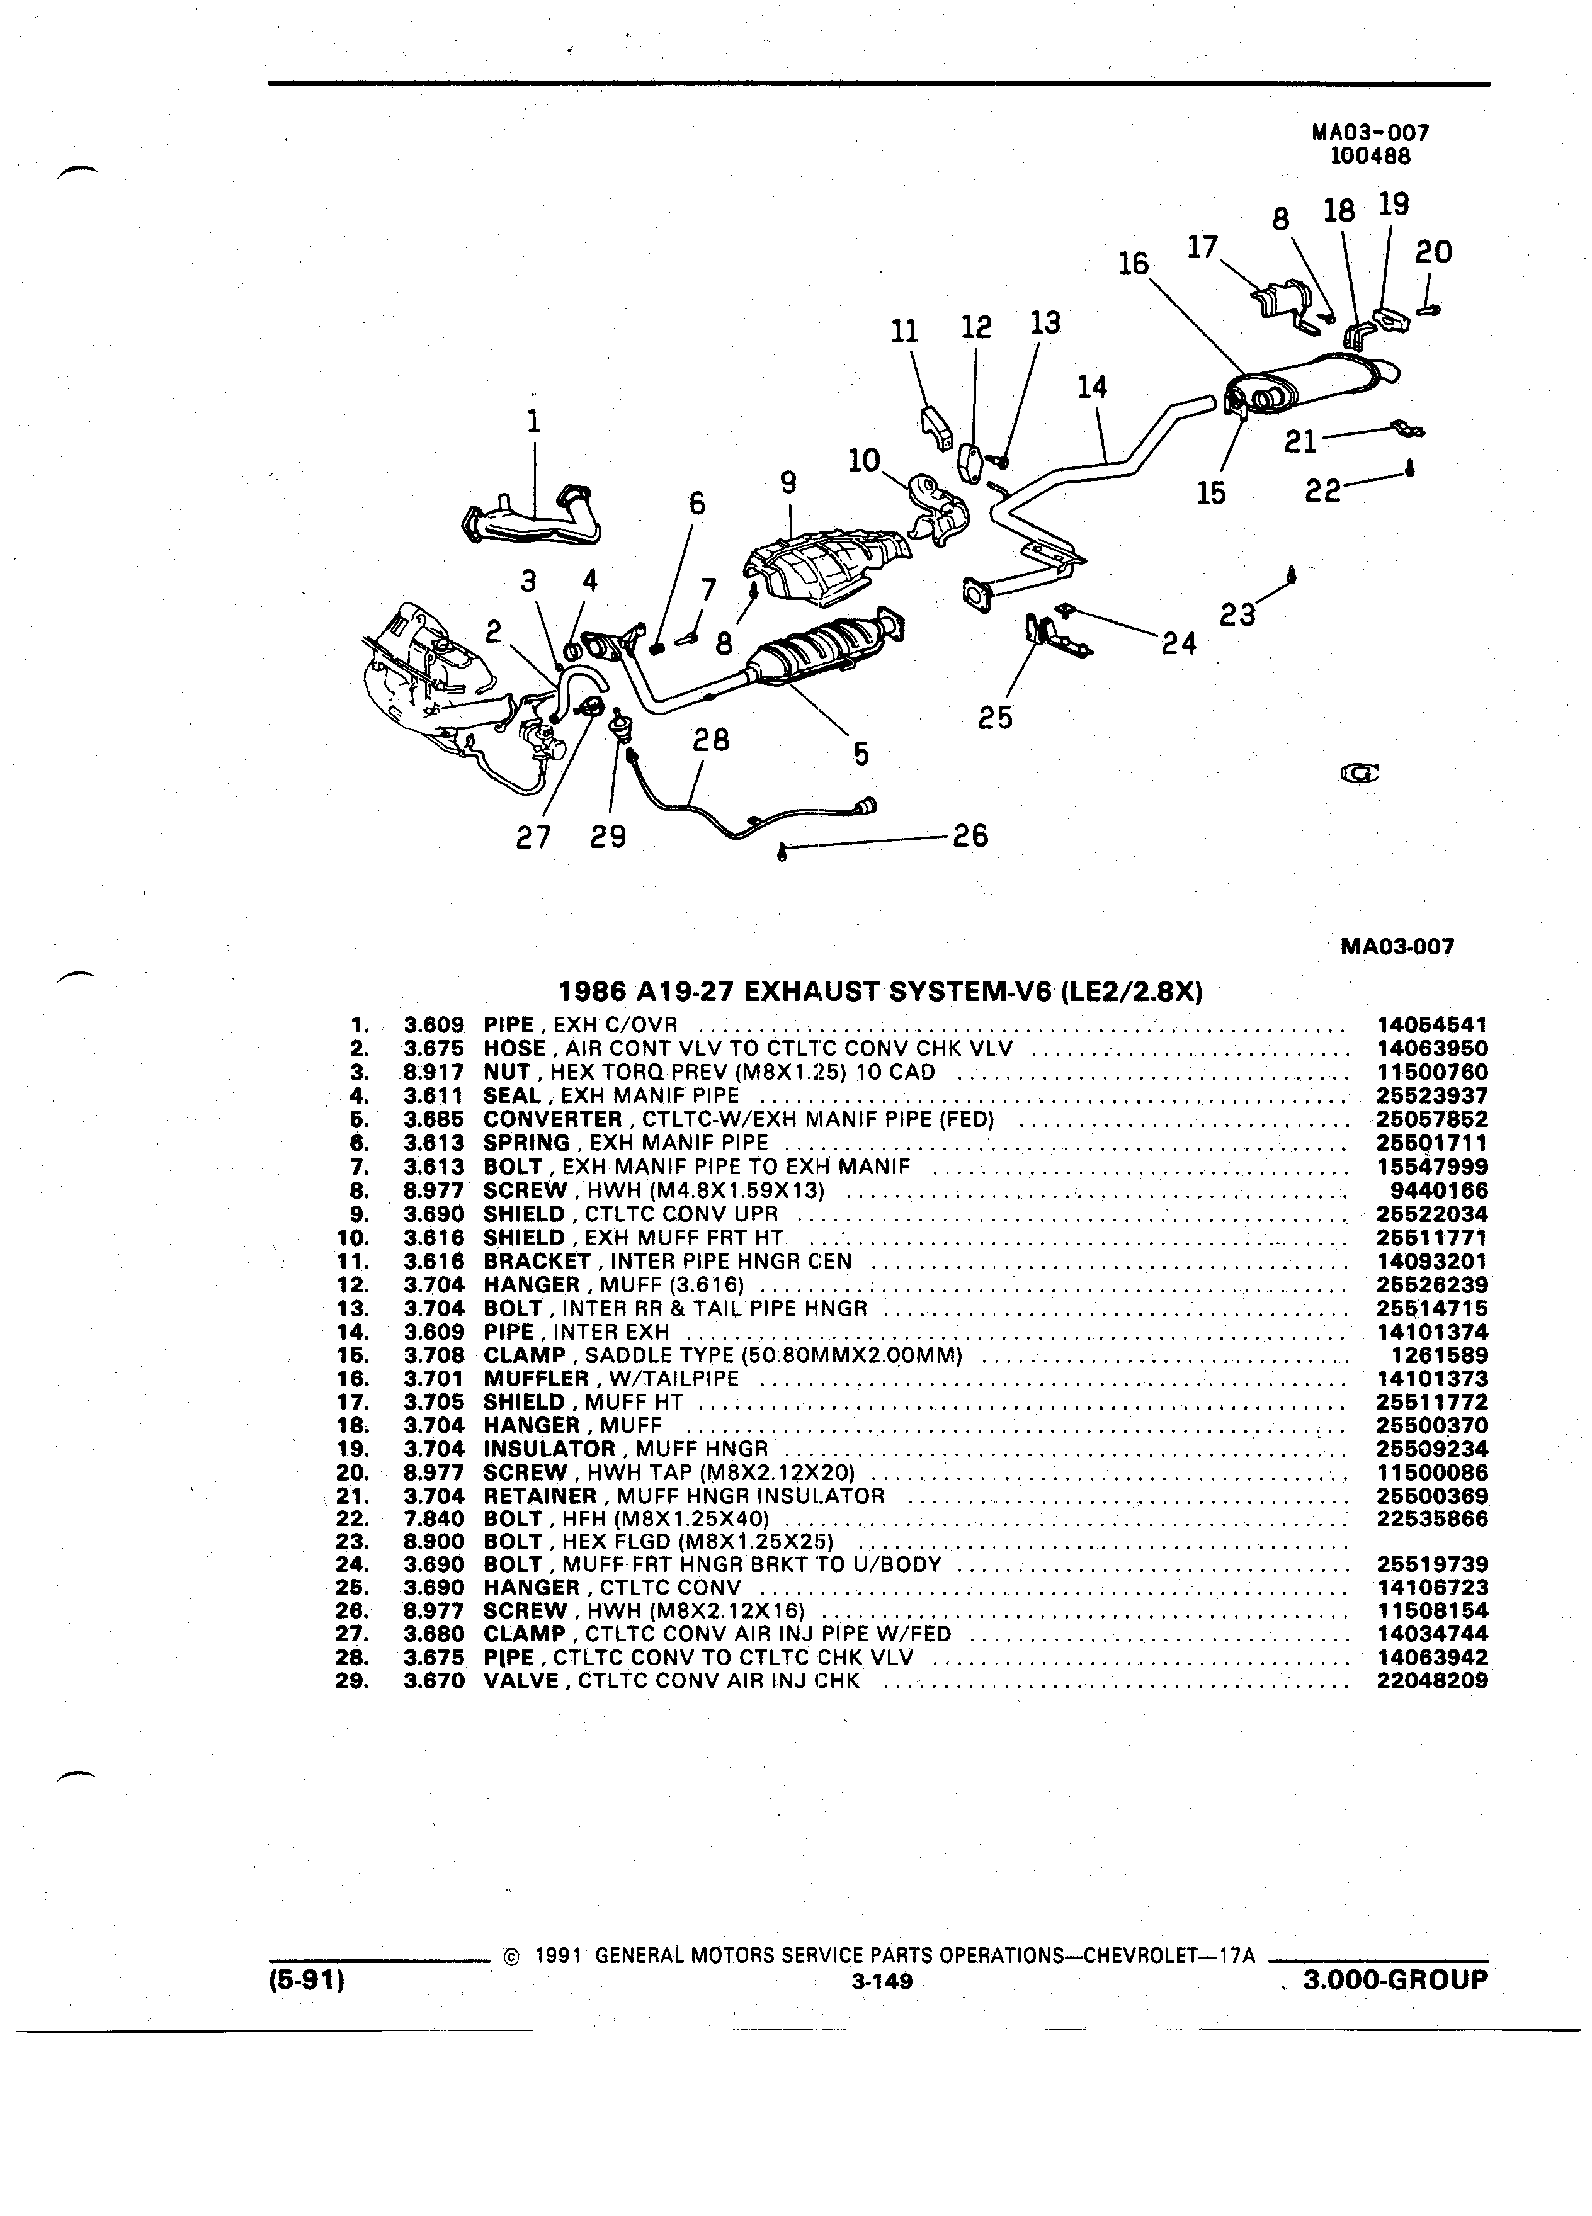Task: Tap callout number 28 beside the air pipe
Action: [x=710, y=740]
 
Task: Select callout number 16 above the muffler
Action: [x=1134, y=264]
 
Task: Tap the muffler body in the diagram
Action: [x=1310, y=383]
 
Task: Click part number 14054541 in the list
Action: [x=1431, y=1025]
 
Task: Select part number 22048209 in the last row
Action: [x=1431, y=1682]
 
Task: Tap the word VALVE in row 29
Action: [x=521, y=1682]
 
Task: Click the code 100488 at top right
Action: [x=1371, y=154]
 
